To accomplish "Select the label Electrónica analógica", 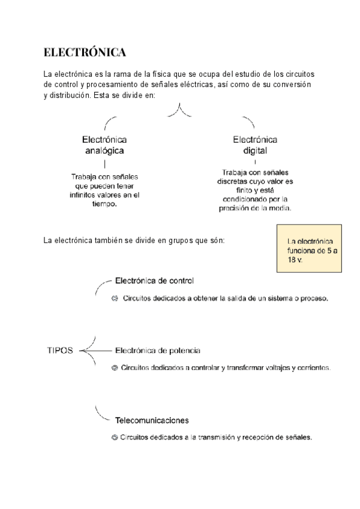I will (x=104, y=145).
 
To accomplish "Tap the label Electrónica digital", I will (x=255, y=145).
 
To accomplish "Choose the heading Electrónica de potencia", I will (x=157, y=350).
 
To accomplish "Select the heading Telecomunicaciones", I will (x=152, y=420).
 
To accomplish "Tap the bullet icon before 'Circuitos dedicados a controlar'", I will (x=115, y=367).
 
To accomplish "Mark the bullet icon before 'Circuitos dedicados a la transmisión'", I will (x=115, y=438).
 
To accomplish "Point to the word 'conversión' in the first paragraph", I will (x=292, y=85).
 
